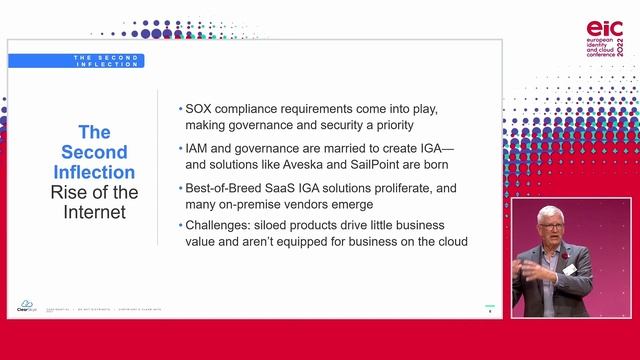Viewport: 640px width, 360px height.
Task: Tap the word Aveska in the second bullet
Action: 320,164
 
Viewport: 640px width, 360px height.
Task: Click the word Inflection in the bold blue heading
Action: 94,171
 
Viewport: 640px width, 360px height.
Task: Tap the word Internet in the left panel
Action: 94,211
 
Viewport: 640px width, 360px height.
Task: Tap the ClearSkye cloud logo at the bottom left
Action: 27,305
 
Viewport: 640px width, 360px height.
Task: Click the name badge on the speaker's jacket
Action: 569,269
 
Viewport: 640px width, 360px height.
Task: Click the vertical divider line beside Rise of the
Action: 159,170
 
